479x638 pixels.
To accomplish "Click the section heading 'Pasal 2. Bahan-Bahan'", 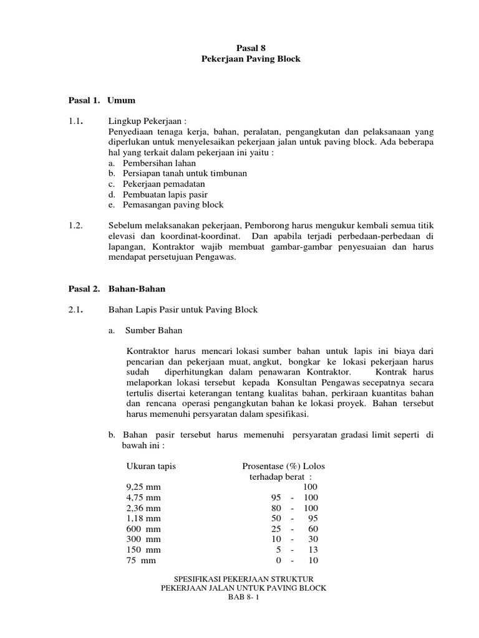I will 116,289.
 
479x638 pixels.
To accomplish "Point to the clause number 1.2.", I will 76,225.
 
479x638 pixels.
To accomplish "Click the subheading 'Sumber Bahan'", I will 154,330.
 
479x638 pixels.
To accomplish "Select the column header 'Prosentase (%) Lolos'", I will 283,466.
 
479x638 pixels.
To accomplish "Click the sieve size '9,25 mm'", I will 143,487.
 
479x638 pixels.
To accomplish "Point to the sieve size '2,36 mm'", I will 143,508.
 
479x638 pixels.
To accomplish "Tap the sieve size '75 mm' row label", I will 140,560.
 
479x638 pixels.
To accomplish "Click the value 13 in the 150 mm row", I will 313,550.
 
